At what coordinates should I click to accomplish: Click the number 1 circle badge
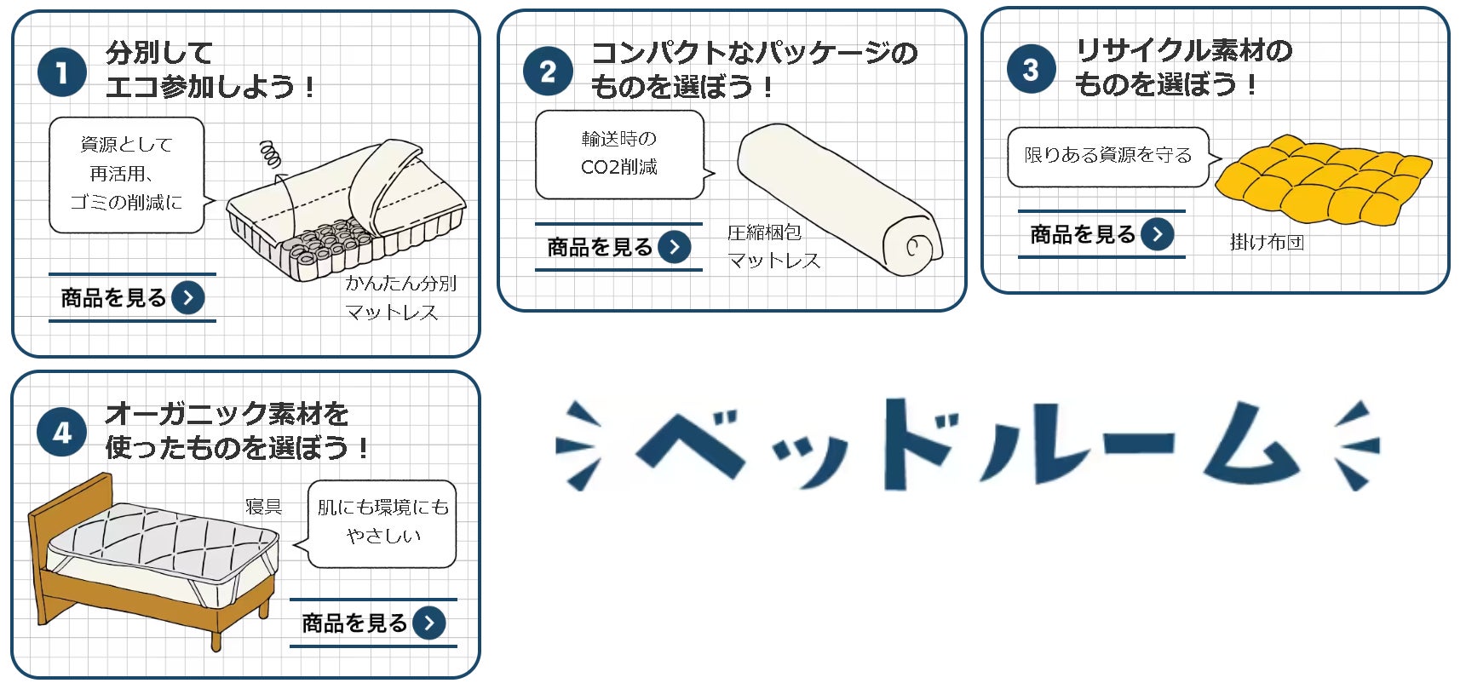62,72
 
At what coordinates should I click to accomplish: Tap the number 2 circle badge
547,72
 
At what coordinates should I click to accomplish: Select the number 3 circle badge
1031,69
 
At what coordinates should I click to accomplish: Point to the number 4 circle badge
62,433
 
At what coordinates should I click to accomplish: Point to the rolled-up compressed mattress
838,200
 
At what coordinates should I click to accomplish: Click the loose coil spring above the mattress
270,154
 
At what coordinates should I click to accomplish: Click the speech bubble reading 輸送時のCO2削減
619,154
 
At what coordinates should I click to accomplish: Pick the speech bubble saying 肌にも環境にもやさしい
382,523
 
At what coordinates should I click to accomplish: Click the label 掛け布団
1267,242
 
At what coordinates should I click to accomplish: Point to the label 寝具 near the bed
263,507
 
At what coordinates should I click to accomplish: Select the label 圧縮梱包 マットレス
772,246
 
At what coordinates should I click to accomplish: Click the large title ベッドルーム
967,445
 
